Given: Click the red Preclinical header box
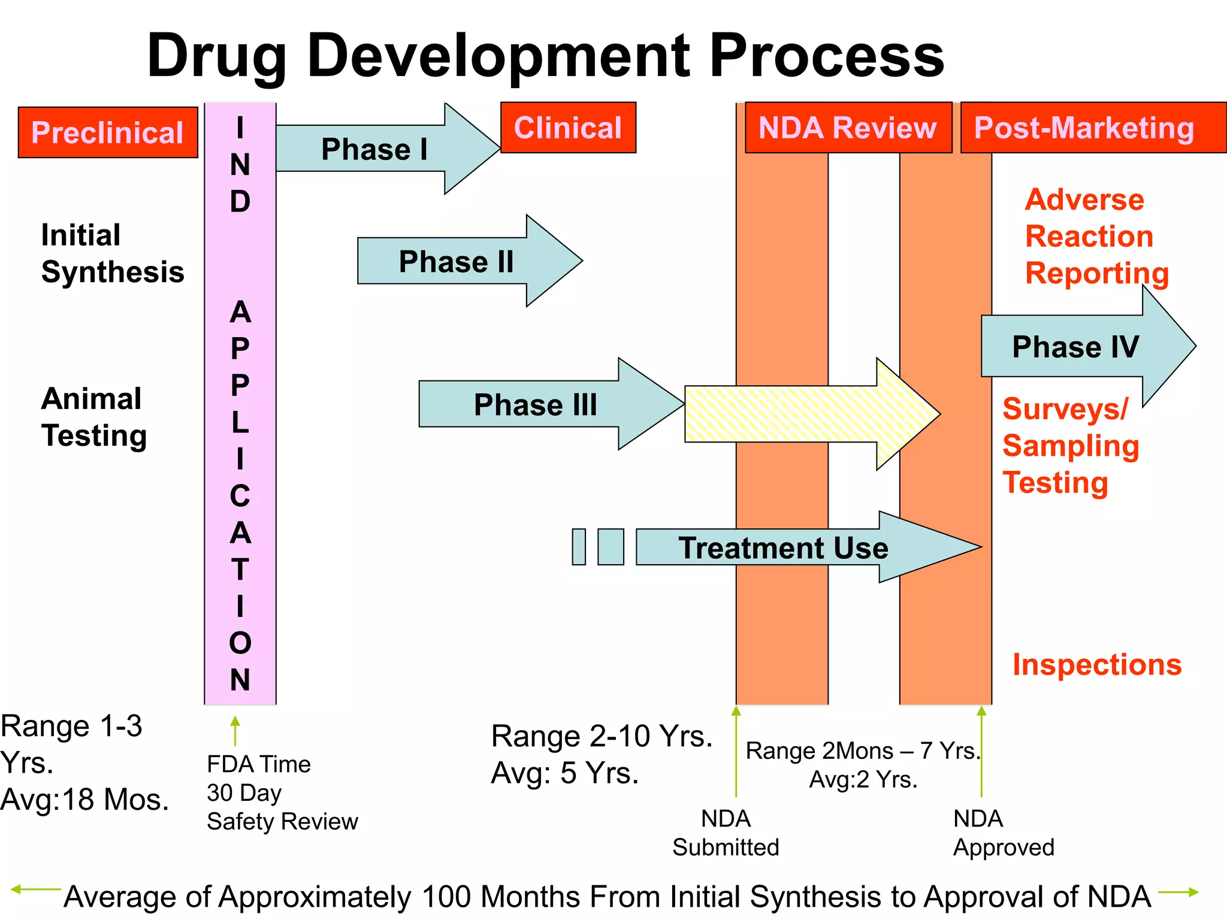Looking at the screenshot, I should [108, 132].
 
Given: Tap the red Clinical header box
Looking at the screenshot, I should [568, 128].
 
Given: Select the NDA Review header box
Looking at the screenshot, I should [847, 128].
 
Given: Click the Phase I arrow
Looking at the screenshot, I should [375, 149].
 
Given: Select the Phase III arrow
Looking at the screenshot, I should [536, 404].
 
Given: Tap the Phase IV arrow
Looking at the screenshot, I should [1075, 346].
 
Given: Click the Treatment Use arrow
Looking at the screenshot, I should [783, 547].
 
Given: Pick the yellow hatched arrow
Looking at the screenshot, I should [797, 414].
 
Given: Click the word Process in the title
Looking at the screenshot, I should [826, 56].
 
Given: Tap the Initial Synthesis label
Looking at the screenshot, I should [112, 253].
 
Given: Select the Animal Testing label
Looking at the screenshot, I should [94, 417].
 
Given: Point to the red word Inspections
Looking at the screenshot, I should [1096, 664].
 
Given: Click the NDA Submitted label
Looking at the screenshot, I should [726, 833].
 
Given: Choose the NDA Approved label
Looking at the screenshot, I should [1003, 833].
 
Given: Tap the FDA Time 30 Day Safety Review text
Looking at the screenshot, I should [282, 792].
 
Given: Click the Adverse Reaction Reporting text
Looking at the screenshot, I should [1096, 236].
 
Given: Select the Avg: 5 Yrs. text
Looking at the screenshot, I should [564, 773].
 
